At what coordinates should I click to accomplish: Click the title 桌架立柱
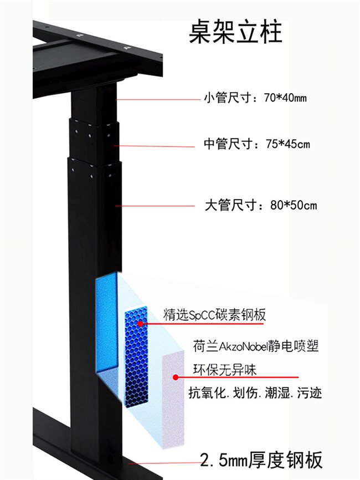point(235,32)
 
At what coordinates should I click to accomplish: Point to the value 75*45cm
point(287,145)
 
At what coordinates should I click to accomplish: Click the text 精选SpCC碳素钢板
point(214,315)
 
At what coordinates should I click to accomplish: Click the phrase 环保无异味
point(224,369)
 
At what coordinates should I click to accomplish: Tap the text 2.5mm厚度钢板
point(261,461)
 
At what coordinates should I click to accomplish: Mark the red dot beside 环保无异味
point(176,377)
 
